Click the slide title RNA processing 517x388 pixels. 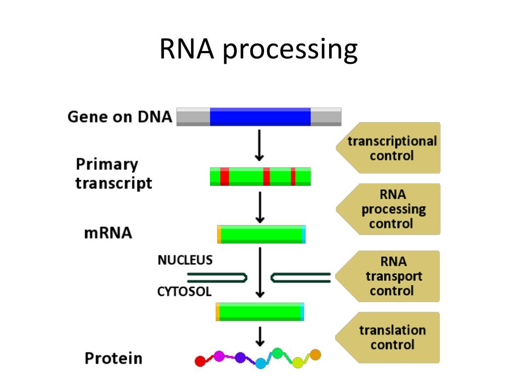pos(258,50)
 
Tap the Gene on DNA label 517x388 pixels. pos(120,117)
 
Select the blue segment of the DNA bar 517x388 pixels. pos(260,117)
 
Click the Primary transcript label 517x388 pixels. pos(114,173)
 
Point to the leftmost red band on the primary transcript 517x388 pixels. pos(225,177)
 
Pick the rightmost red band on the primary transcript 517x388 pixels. pos(293,177)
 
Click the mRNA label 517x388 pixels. pos(108,233)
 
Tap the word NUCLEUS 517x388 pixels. pos(185,260)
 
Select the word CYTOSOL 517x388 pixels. pos(184,292)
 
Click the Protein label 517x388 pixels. pos(114,359)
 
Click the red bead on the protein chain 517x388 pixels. pos(200,361)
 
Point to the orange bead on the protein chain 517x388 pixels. pos(315,355)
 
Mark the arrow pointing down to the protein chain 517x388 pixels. pos(260,336)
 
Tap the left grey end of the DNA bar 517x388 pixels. pos(193,117)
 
